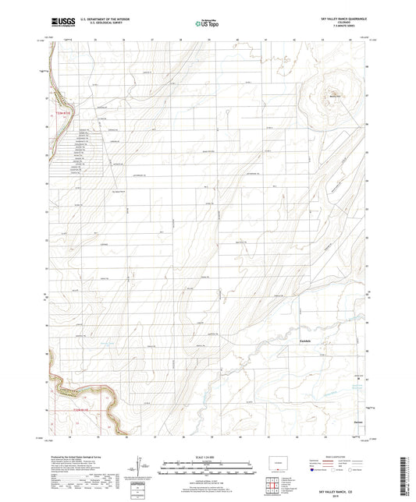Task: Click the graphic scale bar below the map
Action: (207, 471)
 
